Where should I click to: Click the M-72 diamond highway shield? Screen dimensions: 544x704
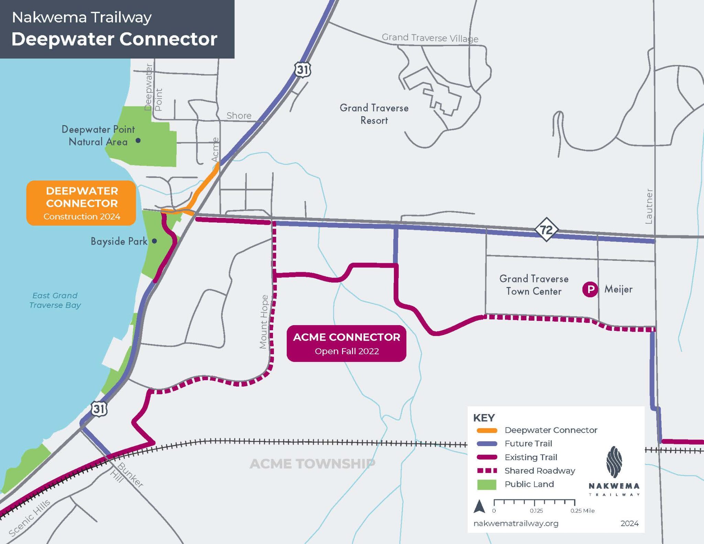point(546,229)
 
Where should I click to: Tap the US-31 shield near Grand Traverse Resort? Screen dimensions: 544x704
point(302,70)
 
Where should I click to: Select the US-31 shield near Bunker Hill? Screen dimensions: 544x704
point(99,409)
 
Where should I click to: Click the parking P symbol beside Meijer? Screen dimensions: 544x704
point(590,289)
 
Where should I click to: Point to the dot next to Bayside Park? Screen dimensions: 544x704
point(154,241)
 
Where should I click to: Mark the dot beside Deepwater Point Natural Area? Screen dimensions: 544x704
point(138,140)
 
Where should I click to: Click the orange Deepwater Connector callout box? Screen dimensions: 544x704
point(81,203)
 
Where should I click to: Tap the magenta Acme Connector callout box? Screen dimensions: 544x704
point(346,343)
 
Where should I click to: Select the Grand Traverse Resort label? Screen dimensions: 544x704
point(374,114)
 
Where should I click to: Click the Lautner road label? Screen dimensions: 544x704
point(649,206)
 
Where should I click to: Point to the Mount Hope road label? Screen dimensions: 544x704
point(264,322)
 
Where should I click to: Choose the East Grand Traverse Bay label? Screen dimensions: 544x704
point(55,300)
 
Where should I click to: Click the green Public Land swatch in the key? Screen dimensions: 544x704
point(487,485)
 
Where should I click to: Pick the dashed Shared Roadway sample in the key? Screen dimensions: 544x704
point(487,470)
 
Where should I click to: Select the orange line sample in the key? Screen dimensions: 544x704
point(487,430)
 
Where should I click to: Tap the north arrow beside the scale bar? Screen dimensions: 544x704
point(480,507)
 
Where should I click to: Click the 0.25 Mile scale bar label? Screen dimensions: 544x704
point(582,511)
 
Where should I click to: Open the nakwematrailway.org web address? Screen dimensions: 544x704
point(516,523)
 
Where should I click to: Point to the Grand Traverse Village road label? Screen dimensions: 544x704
point(430,38)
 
